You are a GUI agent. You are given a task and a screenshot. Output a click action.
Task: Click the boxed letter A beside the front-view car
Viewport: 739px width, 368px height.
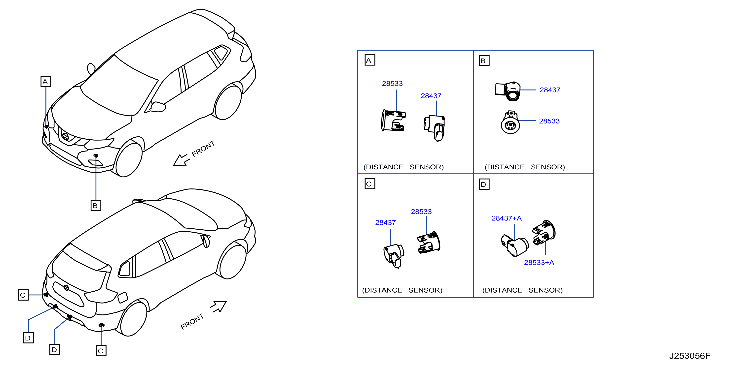(x=46, y=82)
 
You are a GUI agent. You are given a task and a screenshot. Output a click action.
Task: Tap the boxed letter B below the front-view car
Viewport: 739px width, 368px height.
(x=96, y=206)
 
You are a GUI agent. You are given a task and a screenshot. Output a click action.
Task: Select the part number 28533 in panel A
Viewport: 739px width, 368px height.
(x=392, y=84)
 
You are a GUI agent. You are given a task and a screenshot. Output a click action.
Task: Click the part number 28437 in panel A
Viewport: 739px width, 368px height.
(x=431, y=96)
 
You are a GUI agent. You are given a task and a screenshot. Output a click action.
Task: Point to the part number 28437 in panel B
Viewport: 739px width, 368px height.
(x=550, y=90)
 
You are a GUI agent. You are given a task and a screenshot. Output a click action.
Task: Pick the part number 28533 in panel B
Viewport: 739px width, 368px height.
(x=549, y=121)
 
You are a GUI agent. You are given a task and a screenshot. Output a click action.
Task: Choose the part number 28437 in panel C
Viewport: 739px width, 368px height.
(x=385, y=222)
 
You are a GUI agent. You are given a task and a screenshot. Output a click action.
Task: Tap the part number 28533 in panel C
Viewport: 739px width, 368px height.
(x=421, y=212)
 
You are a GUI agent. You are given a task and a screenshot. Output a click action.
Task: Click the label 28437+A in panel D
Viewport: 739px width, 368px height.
(x=506, y=218)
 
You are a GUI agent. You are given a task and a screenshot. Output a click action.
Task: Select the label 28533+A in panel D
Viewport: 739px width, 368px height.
(x=539, y=263)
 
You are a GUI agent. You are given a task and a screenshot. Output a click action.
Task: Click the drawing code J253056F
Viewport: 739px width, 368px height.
(x=690, y=356)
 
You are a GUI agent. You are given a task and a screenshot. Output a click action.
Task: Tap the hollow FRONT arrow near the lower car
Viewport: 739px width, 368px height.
(x=219, y=307)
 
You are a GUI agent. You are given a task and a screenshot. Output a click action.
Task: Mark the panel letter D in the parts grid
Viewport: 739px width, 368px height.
(x=484, y=184)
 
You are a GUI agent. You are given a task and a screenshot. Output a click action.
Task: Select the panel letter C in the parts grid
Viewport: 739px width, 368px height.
(x=369, y=184)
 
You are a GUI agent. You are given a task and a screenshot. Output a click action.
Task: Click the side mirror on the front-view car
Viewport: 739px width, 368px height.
(x=157, y=107)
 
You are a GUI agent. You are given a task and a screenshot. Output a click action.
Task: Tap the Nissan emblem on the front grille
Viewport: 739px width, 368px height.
(x=65, y=136)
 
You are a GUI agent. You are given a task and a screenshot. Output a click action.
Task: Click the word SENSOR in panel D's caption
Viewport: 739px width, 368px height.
(x=545, y=290)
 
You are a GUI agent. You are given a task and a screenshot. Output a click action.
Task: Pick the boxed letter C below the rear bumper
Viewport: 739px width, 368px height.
(x=101, y=351)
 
